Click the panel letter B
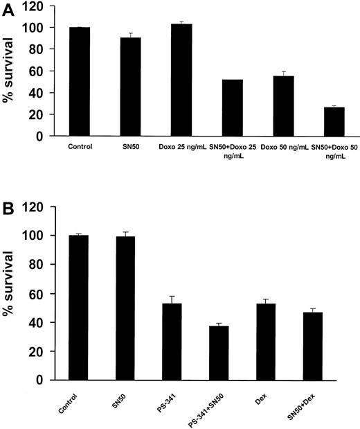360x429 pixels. click(8, 207)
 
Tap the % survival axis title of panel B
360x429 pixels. click(9, 299)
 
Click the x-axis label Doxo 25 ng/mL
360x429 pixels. click(181, 147)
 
